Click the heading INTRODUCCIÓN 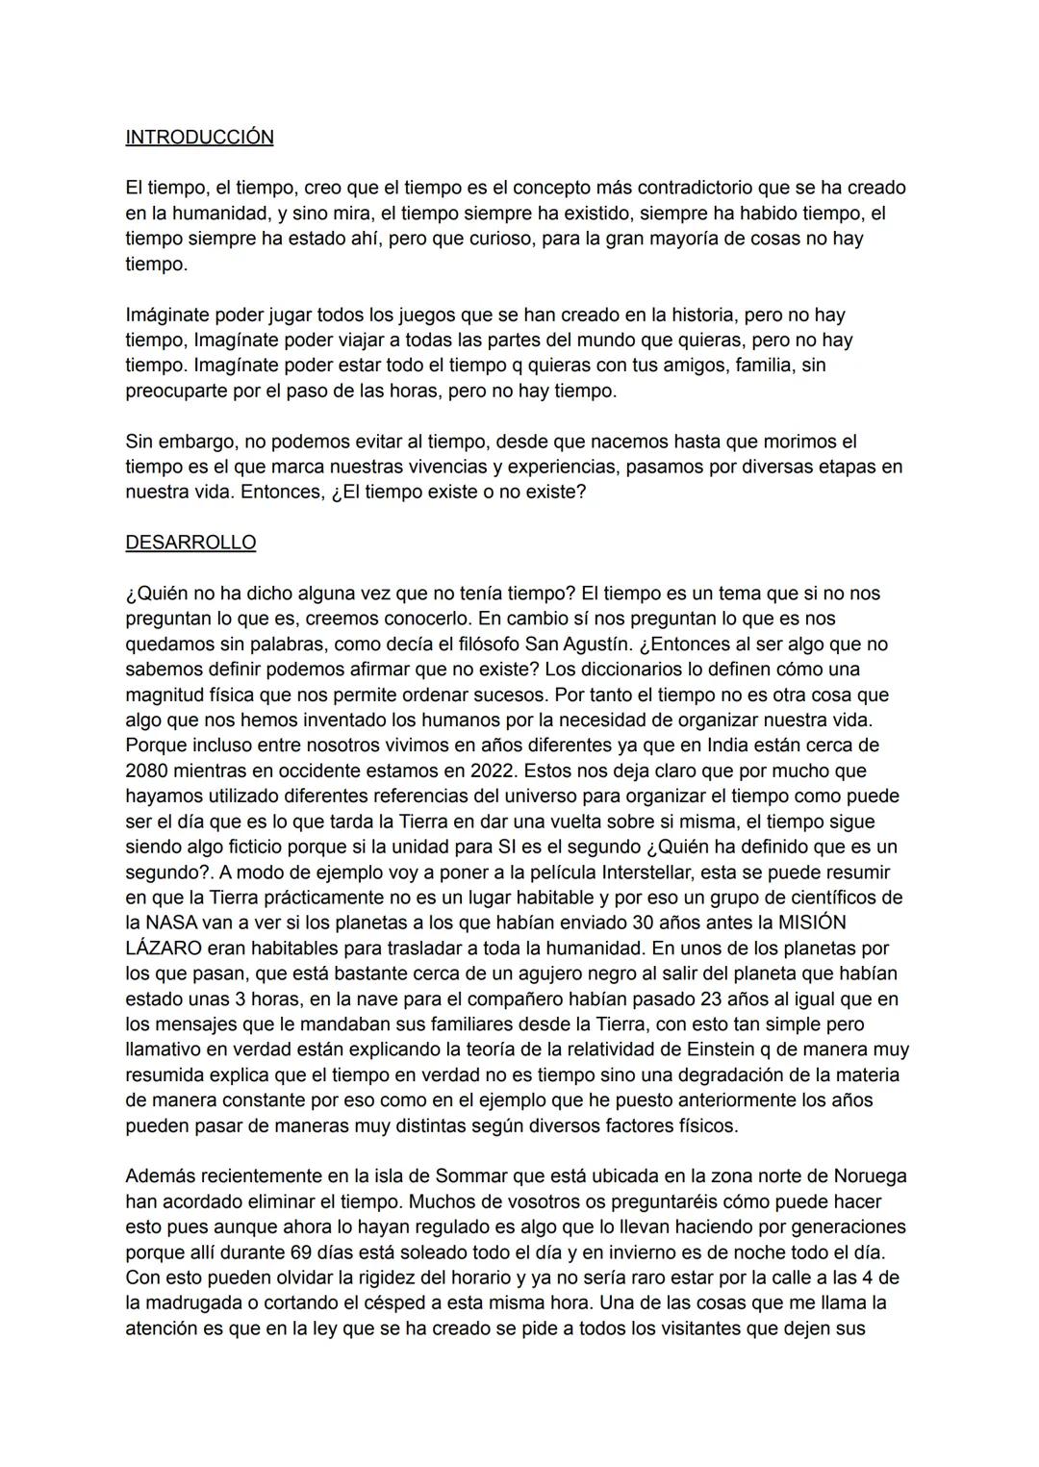199,138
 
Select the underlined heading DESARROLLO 190,543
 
